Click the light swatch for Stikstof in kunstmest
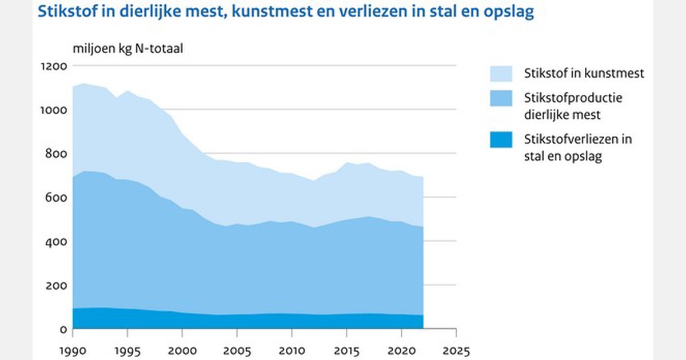(501, 73)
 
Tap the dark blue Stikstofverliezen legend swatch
(501, 139)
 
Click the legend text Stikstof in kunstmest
(584, 73)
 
